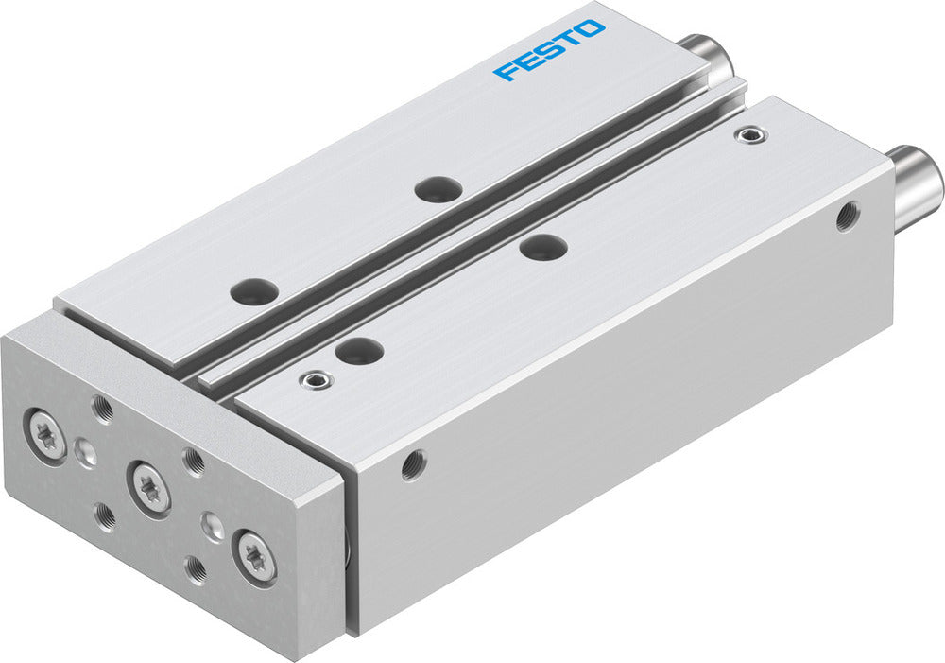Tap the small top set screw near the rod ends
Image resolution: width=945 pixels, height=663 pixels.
pos(751,136)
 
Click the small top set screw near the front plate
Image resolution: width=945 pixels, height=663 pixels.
pos(314,380)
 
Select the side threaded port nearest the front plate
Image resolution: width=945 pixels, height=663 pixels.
pos(412,464)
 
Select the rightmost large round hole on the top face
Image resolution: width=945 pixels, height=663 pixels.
pos(543,248)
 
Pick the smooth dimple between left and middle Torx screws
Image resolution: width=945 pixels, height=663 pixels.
pos(86,451)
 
